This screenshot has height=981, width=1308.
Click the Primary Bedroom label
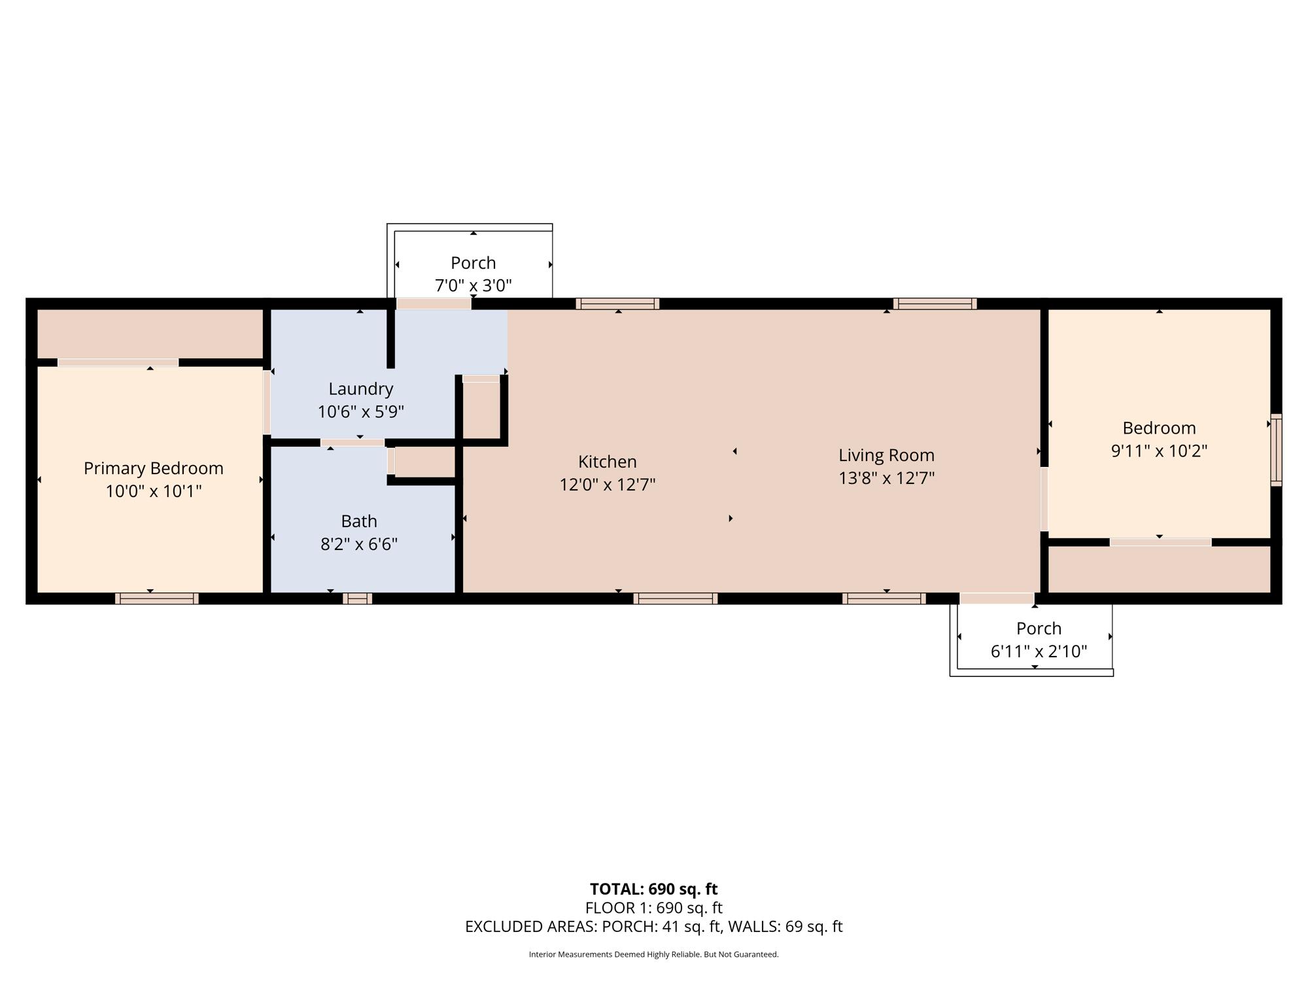pos(154,468)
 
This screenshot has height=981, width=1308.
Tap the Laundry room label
pos(361,389)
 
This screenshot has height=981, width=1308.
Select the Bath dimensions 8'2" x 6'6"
pos(359,544)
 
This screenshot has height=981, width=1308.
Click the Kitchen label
pos(608,462)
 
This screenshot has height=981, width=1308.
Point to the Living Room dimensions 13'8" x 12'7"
pos(887,478)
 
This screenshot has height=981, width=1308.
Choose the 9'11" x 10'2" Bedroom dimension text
pos(1159,451)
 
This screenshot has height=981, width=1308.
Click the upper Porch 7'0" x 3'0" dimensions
pos(473,285)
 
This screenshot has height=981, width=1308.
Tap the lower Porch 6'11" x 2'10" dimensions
pos(1039,651)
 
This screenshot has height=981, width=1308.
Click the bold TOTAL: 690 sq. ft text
pos(654,889)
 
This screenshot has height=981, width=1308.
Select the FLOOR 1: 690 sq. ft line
pos(654,908)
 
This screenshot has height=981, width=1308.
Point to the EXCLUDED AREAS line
pos(654,927)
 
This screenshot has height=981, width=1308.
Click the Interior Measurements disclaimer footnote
pos(654,955)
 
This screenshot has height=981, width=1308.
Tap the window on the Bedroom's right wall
pos(1276,450)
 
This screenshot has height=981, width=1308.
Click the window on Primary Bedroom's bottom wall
pos(157,598)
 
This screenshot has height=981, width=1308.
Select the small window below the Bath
pos(357,598)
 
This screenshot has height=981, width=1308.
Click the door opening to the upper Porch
pos(434,303)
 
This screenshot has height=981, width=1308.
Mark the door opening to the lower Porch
pos(997,598)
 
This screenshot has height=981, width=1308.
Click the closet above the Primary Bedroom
pos(150,334)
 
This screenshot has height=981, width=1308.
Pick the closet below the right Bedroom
pos(1160,570)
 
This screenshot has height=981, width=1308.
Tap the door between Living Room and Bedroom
pos(1044,499)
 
